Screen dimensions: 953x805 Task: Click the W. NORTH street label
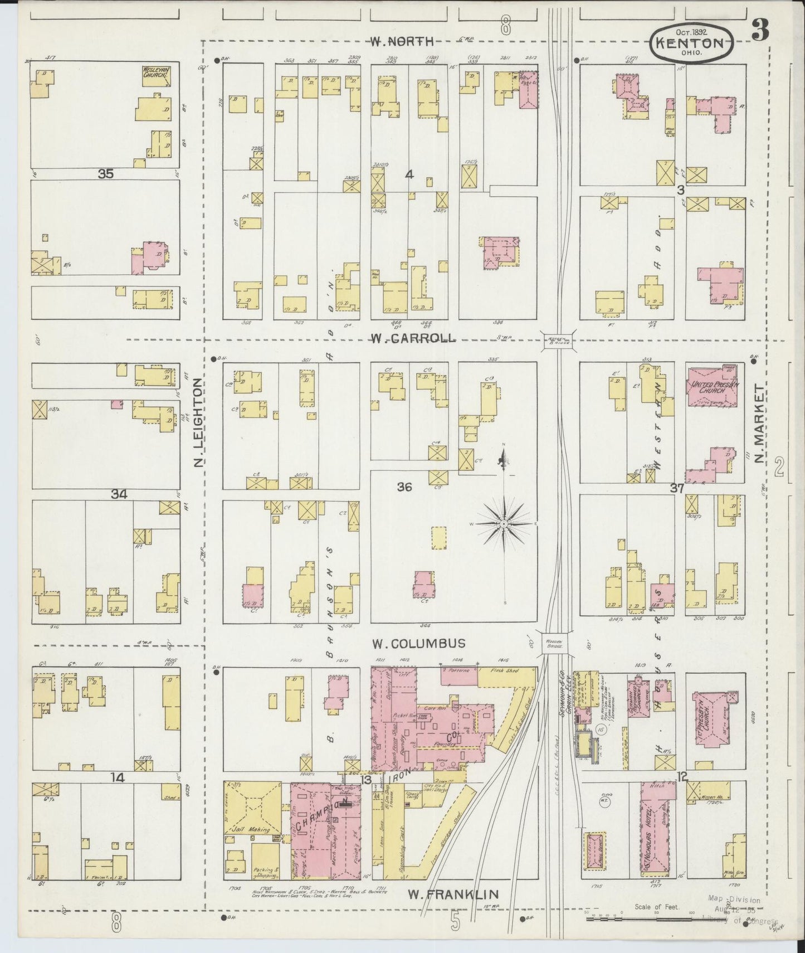(x=402, y=41)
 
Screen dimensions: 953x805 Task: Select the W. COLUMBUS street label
(x=419, y=644)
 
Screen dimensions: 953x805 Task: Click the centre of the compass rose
(x=504, y=524)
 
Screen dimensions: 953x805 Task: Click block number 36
(x=404, y=487)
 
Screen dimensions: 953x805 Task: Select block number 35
(x=105, y=174)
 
